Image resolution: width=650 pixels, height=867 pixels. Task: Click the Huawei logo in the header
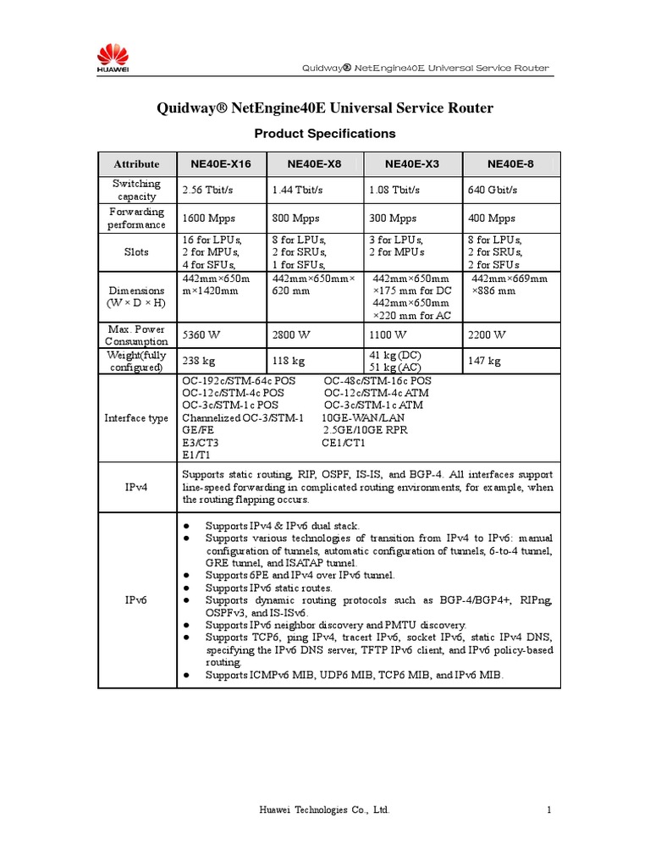tap(113, 60)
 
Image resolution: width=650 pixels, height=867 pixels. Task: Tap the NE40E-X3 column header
tap(411, 164)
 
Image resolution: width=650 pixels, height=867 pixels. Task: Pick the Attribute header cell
tap(136, 164)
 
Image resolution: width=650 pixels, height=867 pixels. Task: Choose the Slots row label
tap(136, 252)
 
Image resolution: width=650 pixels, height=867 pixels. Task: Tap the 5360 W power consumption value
tap(200, 334)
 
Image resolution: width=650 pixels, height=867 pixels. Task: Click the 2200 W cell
tap(486, 334)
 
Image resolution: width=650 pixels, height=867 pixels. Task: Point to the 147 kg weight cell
tap(484, 361)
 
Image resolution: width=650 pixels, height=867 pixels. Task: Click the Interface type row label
tap(136, 417)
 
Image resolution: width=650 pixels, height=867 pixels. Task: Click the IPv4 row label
tap(136, 488)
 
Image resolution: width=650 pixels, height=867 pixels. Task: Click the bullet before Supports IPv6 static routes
tap(185, 587)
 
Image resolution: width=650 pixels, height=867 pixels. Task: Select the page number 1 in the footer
tap(549, 810)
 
